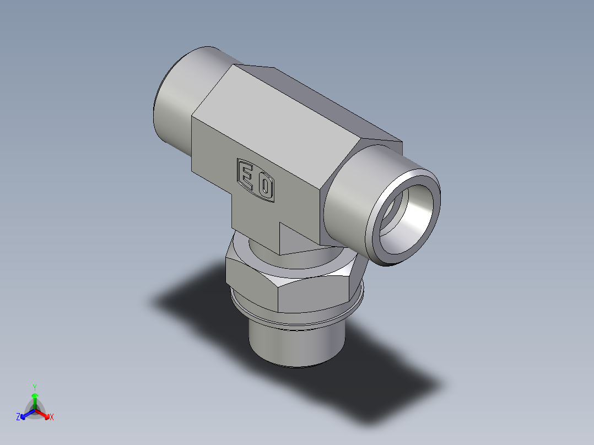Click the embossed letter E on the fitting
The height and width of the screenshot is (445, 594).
(246, 176)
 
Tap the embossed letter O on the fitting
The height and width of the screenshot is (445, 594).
(265, 187)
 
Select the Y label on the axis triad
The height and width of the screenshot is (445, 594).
(35, 387)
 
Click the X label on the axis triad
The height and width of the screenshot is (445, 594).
(51, 417)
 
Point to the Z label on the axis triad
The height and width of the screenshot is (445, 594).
(18, 417)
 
